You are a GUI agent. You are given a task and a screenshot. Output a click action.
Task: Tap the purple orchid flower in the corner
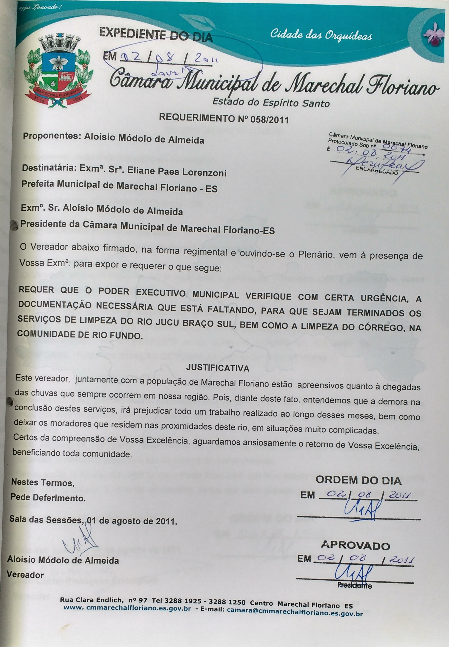tap(433, 35)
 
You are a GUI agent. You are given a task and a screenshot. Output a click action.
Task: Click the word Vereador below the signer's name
tap(25, 575)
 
